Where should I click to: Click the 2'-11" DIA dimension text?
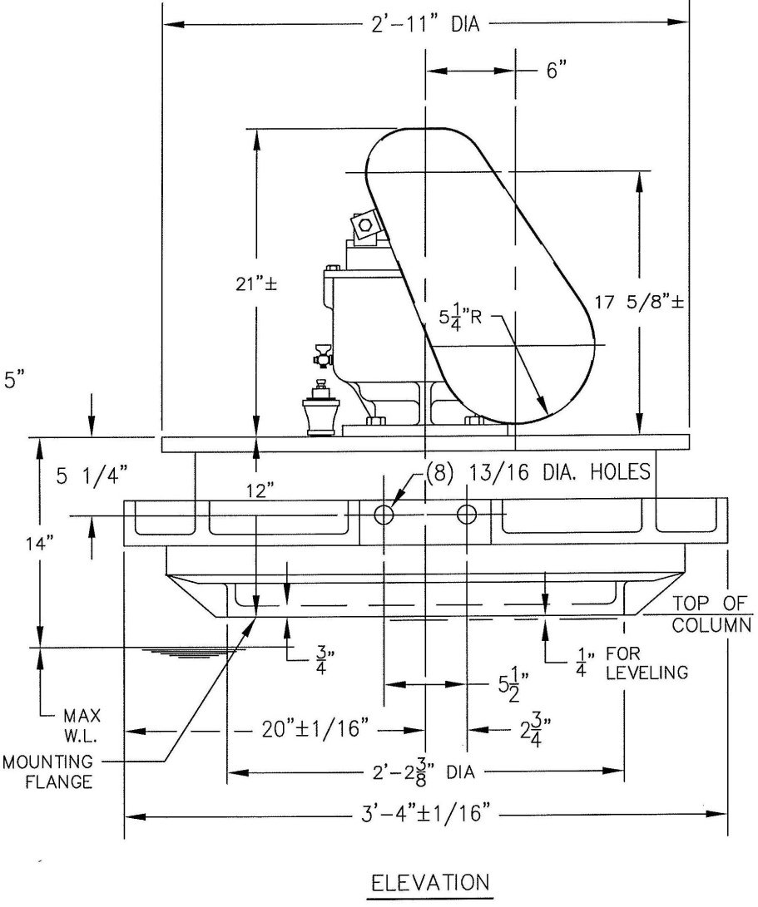pos(426,23)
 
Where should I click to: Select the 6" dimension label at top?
pos(556,71)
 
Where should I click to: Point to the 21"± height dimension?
pos(256,283)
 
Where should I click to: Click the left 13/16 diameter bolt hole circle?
pos(384,515)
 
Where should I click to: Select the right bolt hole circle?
pos(468,515)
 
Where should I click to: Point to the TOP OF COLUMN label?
pos(712,614)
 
